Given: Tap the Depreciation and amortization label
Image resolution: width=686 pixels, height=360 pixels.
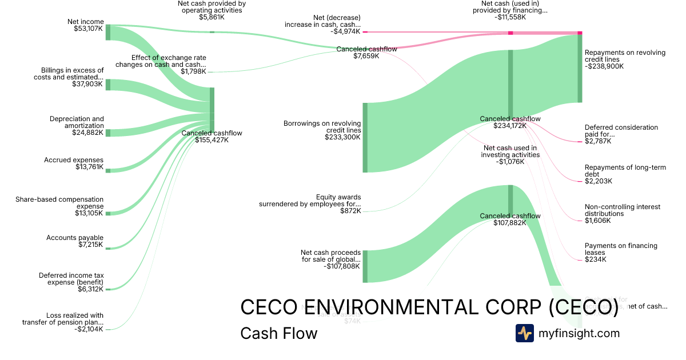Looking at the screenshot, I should pyautogui.click(x=77, y=122).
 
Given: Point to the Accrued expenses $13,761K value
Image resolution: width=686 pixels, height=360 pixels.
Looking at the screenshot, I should pyautogui.click(x=89, y=167).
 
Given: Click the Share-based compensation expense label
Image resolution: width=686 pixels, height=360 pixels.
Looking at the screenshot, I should pyautogui.click(x=59, y=203).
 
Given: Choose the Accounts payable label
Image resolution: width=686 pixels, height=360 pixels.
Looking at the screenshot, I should pyautogui.click(x=75, y=237).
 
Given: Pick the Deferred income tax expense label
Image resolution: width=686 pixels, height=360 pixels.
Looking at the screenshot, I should pyautogui.click(x=71, y=278).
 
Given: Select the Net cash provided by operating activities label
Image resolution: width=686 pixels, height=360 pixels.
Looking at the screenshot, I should pyautogui.click(x=212, y=6).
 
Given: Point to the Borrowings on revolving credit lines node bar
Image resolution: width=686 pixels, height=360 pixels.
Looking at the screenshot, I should pyautogui.click(x=365, y=137).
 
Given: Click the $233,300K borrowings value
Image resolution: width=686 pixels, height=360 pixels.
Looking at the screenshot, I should pyautogui.click(x=342, y=137).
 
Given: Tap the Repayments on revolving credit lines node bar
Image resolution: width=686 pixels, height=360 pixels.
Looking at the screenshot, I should pyautogui.click(x=580, y=69).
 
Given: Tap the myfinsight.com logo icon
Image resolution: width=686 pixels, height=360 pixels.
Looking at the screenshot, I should pyautogui.click(x=524, y=333).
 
